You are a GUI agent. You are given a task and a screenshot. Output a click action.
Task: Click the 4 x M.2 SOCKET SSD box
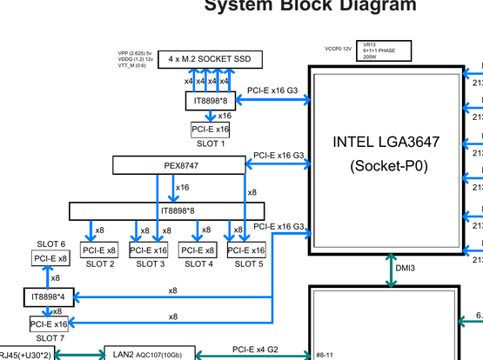[x=210, y=59]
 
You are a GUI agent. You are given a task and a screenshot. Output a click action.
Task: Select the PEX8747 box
[x=178, y=164]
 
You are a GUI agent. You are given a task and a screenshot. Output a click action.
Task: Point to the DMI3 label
[x=406, y=269]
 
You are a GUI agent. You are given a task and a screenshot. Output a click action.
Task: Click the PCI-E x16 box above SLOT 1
[x=210, y=130]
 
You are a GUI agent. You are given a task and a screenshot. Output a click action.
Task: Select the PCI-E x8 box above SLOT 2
[x=99, y=250]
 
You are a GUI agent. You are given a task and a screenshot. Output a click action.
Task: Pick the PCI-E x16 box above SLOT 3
[x=149, y=250]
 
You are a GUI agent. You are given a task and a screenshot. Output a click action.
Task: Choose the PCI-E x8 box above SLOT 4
[x=198, y=250]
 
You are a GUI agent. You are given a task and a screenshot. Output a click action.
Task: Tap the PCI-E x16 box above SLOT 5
[x=246, y=250]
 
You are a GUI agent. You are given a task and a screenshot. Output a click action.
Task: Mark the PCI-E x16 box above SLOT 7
[x=49, y=324]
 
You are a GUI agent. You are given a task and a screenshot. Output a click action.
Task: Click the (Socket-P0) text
[x=384, y=165]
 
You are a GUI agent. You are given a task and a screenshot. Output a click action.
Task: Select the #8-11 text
[x=325, y=354]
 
